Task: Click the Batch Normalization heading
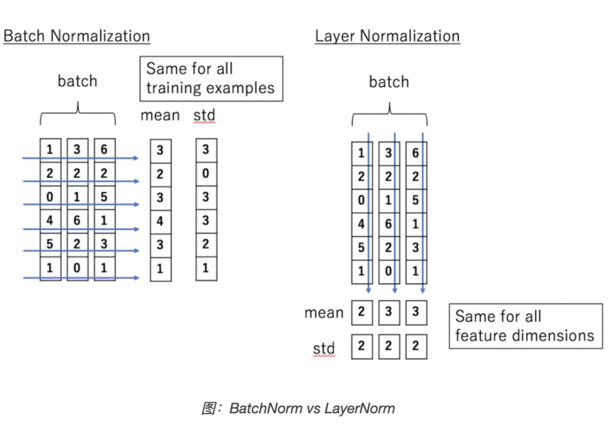76,36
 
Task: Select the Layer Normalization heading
387,36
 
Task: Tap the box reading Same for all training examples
211,78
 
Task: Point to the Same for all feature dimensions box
525,326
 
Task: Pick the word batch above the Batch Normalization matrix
77,81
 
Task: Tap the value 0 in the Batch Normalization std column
206,174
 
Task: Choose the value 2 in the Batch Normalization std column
206,244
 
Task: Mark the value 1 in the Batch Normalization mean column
160,269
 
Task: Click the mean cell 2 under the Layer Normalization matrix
362,312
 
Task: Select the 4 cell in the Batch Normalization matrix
50,220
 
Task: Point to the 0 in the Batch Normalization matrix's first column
50,197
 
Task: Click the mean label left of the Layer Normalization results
324,313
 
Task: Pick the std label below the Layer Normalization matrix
324,348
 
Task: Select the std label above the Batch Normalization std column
205,116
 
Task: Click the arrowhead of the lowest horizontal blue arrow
136,278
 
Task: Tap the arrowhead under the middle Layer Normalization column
394,290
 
